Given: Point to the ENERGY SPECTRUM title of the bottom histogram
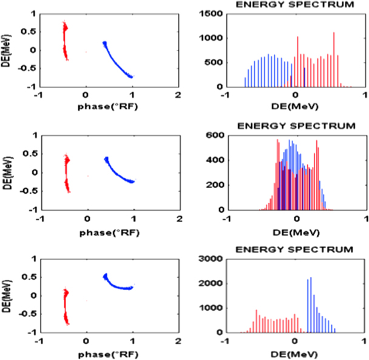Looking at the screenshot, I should click(294, 250).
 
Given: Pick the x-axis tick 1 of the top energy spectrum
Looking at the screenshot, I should click(364, 95).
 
